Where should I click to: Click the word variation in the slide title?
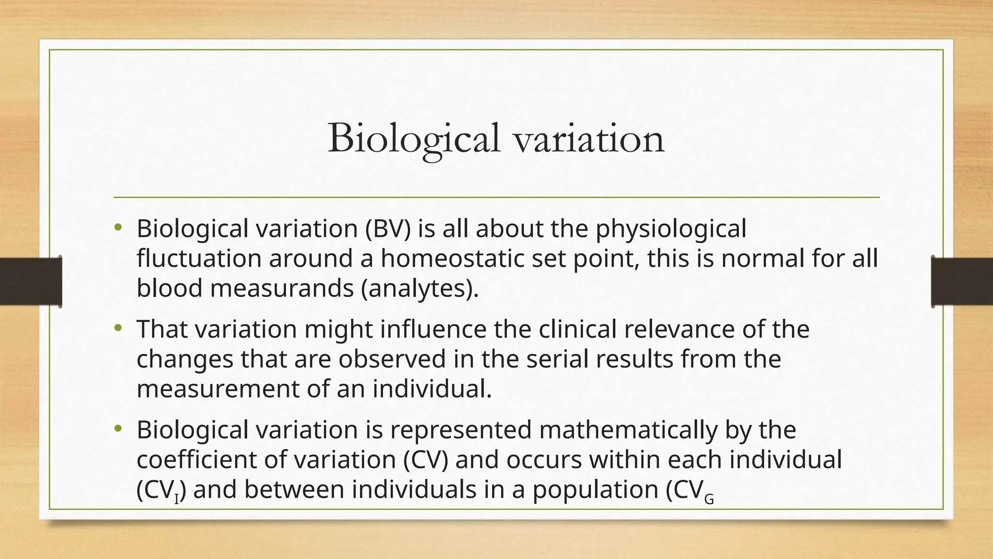coord(589,139)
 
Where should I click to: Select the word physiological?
coord(671,230)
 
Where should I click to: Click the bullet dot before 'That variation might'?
coord(117,329)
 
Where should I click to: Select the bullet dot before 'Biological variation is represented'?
coord(117,429)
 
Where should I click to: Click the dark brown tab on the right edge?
coord(962,281)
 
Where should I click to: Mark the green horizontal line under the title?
coord(496,197)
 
